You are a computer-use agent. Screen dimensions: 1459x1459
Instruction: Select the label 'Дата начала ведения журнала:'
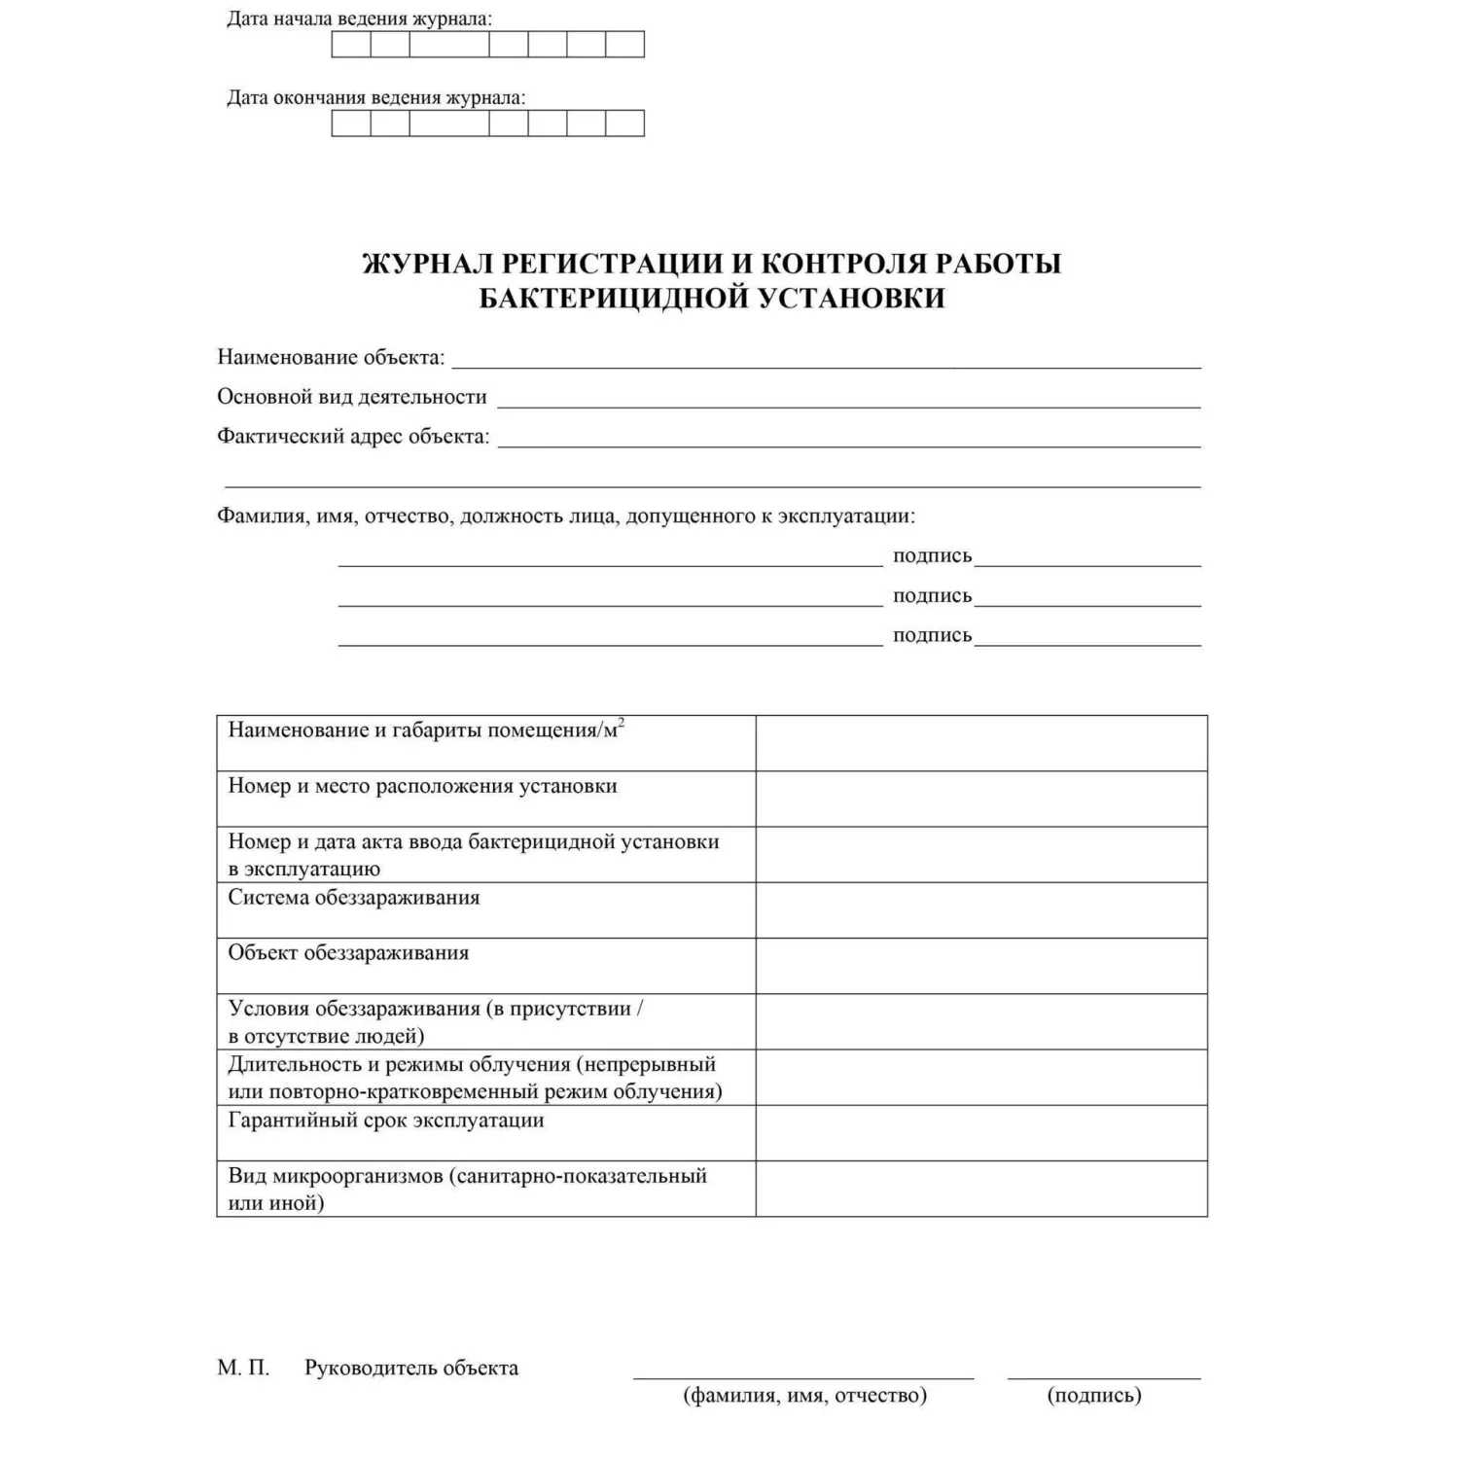(x=359, y=18)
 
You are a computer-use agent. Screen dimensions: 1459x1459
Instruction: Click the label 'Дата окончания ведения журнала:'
(x=375, y=97)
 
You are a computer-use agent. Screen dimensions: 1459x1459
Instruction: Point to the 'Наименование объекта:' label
(x=331, y=357)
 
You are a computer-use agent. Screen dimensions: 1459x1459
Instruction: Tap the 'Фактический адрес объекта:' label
(x=353, y=437)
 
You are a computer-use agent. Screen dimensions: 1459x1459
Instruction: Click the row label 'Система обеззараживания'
(x=354, y=897)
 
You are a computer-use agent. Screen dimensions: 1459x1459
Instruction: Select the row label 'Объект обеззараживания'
(x=348, y=953)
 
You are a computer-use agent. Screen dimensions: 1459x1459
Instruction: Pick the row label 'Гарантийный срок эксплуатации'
(x=386, y=1120)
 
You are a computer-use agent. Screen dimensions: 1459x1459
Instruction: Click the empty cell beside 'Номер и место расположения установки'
(x=981, y=799)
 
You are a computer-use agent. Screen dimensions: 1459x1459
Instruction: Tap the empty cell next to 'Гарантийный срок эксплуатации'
(x=981, y=1132)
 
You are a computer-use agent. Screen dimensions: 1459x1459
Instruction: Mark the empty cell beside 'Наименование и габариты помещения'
(x=981, y=743)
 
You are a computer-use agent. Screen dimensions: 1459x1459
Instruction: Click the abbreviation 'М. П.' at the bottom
(x=243, y=1369)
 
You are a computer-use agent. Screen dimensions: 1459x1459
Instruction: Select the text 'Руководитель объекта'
(x=411, y=1369)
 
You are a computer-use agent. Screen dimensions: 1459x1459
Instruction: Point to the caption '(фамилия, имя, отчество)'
(x=805, y=1396)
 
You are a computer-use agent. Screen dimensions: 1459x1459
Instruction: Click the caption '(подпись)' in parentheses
(x=1094, y=1396)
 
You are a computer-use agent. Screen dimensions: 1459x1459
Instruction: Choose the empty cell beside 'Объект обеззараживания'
(x=981, y=965)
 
